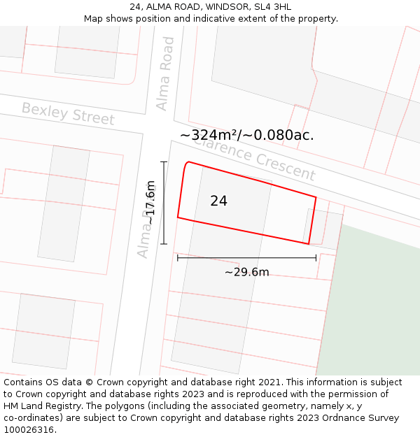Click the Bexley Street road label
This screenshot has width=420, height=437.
(x=68, y=113)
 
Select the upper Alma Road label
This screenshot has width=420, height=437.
(x=165, y=73)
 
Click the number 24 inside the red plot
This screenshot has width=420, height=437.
(x=218, y=201)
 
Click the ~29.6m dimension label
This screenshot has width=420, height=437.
(x=246, y=272)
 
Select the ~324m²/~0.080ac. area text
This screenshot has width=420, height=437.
(x=246, y=135)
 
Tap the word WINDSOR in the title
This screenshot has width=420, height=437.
(x=224, y=7)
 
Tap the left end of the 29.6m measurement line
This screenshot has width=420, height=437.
(x=178, y=258)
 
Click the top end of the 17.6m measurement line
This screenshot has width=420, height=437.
(x=164, y=162)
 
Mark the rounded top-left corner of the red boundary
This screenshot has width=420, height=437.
(x=186, y=164)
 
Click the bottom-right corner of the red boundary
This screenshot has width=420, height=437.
(x=309, y=244)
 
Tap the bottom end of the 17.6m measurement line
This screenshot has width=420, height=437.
(x=164, y=244)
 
